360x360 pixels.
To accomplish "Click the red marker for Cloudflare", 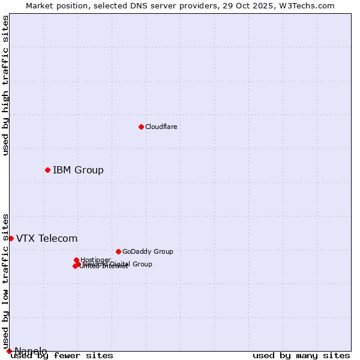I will (x=141, y=127).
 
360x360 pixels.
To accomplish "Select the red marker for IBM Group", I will (x=47, y=170).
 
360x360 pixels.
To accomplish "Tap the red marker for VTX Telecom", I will (x=11, y=238).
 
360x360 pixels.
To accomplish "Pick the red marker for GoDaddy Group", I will (x=118, y=251).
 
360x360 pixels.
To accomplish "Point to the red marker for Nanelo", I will (x=9, y=351).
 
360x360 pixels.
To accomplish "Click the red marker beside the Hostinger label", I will (x=76, y=260).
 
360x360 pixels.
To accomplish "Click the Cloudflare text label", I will (x=161, y=127).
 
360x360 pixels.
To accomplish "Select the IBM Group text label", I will (x=78, y=170).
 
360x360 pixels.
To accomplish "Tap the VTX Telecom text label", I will (x=47, y=238).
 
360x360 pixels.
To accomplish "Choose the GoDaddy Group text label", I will (x=148, y=251).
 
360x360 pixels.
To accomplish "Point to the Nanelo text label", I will (x=31, y=351).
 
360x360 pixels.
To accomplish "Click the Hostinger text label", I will (x=95, y=260).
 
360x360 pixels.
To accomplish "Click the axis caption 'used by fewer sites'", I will (x=62, y=355).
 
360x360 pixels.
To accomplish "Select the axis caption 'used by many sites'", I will (x=301, y=355).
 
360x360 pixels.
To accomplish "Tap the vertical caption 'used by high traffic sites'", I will (x=5, y=85).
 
